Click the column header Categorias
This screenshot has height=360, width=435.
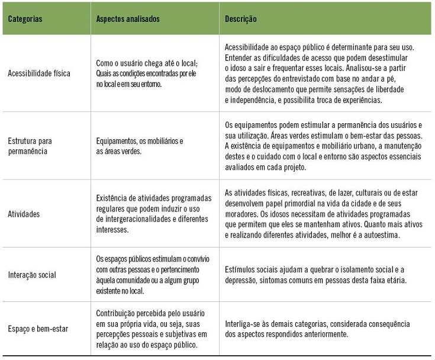point(25,19)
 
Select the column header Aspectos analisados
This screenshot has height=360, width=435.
point(128,19)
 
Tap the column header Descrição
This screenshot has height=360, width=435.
point(241,19)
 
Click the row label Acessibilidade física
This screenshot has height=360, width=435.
point(39,74)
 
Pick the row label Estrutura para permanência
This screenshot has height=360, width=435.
point(30,146)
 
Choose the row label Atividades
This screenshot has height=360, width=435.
point(24,214)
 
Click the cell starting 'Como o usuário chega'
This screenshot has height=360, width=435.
point(147,74)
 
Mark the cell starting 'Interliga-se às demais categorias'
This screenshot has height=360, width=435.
point(317,329)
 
